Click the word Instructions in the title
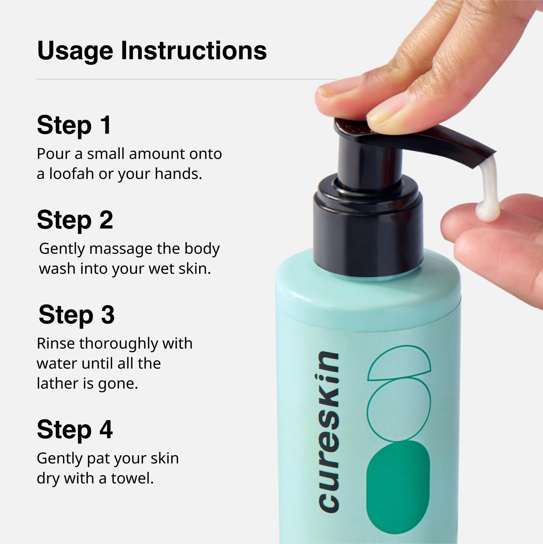click(x=194, y=51)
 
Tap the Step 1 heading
click(x=74, y=125)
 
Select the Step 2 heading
click(x=75, y=220)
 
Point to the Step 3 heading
click(x=76, y=315)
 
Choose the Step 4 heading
click(x=75, y=429)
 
